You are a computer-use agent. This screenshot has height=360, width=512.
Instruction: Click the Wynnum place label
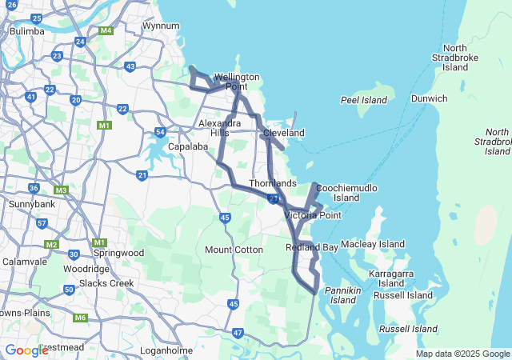pos(161,26)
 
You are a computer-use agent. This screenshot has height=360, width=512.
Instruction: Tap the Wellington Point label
pos(237,82)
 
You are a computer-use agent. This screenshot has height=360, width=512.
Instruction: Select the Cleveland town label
pos(284,132)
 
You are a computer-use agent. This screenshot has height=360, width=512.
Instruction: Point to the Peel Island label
pos(363,101)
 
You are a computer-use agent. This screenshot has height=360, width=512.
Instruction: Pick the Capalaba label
pos(188,146)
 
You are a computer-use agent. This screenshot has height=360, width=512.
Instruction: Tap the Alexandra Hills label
pos(219,128)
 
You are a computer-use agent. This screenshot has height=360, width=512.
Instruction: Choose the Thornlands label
pos(273,183)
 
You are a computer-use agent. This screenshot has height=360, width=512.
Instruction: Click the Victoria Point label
pos(313,215)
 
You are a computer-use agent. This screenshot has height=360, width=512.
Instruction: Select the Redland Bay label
pos(312,248)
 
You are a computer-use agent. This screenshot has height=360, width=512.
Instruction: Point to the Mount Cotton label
pos(234,250)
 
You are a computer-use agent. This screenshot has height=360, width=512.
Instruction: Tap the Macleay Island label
pos(373,243)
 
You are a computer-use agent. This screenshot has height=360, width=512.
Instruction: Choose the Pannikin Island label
pos(343,294)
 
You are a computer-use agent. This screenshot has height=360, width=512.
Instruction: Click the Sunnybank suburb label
pos(30,205)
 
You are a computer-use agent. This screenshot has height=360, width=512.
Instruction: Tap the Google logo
pos(26,350)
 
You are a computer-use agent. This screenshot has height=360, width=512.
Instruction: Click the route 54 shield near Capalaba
pos(161,132)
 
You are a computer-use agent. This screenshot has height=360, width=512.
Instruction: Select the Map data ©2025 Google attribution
pos(462,354)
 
